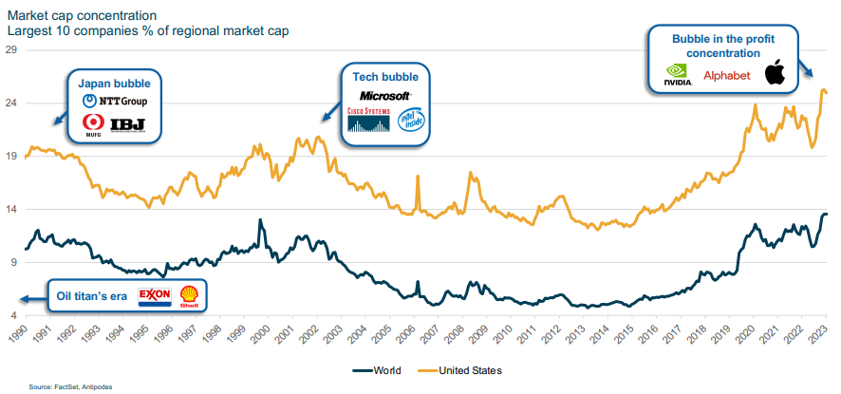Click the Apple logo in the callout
(x=776, y=73)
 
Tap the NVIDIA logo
(x=677, y=74)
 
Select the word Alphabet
(x=726, y=75)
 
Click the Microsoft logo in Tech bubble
(x=384, y=96)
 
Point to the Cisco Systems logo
(x=368, y=119)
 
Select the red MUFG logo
(x=93, y=124)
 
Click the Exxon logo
(x=154, y=295)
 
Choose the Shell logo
(x=189, y=296)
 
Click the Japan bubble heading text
(x=108, y=82)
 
